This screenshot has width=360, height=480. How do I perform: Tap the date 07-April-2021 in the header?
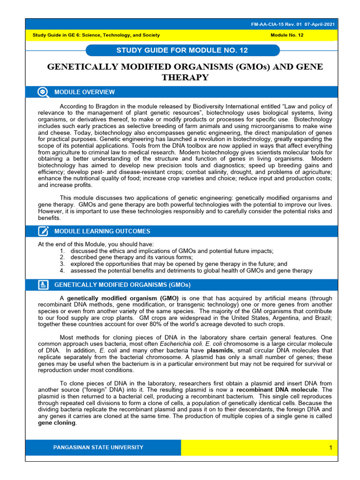point(320,24)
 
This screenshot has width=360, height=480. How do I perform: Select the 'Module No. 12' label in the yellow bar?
point(288,35)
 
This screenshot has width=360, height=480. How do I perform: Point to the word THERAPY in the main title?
point(185,77)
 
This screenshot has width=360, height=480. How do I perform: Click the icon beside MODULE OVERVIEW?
point(43,92)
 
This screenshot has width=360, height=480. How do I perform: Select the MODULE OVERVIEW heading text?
point(84,92)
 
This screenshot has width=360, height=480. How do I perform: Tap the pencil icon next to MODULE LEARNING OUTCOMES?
point(43,231)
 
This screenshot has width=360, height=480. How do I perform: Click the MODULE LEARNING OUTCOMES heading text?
point(102,231)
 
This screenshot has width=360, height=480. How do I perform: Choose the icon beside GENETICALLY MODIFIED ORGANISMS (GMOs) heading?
point(43,285)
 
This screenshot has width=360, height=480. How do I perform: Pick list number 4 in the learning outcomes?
point(62,270)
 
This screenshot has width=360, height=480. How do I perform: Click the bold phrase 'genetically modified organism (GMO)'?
point(123,298)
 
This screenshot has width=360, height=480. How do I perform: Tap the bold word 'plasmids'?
point(220,350)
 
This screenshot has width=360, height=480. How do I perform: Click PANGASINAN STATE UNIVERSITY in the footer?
point(98,447)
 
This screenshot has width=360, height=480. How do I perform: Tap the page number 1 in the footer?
point(330,448)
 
